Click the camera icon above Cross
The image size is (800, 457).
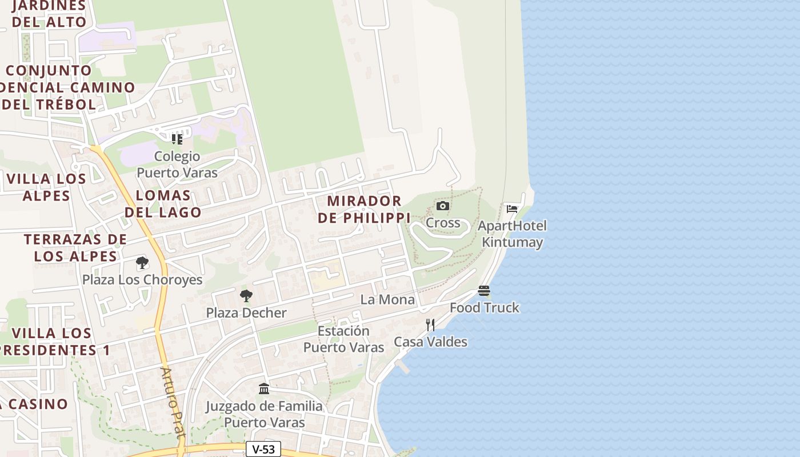point(442,206)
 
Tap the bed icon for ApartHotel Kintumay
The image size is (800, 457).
point(512,209)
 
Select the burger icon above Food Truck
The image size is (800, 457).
point(484,291)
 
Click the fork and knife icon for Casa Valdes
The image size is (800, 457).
point(430,325)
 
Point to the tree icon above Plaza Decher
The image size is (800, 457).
point(246,296)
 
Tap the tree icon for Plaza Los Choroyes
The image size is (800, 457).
point(142,263)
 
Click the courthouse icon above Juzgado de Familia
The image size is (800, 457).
point(264,389)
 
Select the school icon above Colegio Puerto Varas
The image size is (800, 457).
point(177,139)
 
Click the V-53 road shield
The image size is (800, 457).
point(263,449)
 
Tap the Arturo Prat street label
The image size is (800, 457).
point(173,403)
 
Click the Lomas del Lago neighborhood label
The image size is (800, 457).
point(163,204)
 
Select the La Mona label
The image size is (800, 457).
point(387,299)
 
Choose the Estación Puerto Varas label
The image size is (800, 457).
point(343,339)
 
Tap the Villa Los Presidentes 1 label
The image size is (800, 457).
point(54,342)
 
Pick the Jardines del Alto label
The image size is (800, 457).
point(49,14)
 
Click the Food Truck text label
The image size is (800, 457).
point(484,307)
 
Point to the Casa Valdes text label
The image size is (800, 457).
point(430,342)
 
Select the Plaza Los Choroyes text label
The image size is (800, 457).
point(142,280)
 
